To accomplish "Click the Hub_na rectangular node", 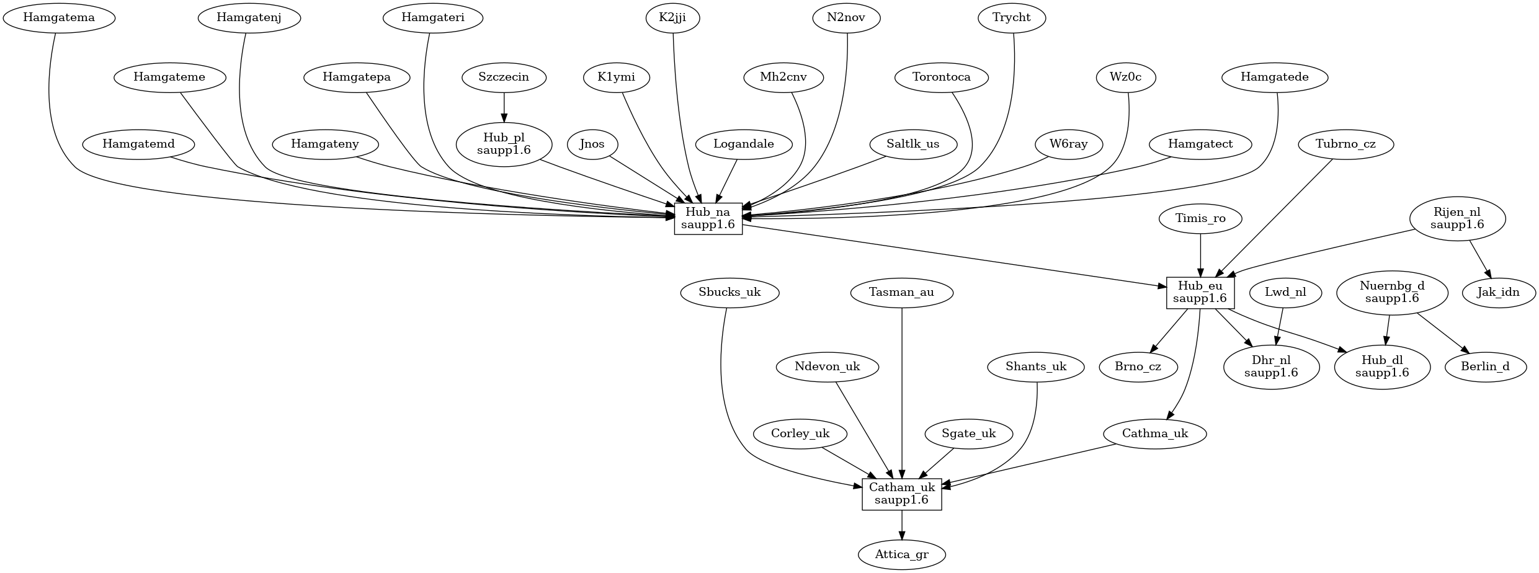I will point(708,219).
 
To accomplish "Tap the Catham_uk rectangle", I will point(901,494).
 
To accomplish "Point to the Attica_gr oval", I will point(901,554).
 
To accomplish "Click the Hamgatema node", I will point(59,17).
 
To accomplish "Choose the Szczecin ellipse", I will point(504,78).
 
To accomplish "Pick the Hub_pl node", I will point(504,144).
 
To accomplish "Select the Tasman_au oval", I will point(901,292).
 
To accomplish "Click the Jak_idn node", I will point(1498,292).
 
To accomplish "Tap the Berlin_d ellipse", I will point(1485,366).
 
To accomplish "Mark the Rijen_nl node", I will point(1457,219).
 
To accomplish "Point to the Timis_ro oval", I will point(1200,218).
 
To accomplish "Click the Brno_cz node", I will point(1138,366).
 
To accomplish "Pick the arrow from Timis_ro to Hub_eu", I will point(1200,254).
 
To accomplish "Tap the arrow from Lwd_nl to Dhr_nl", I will point(1280,326).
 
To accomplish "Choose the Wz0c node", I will point(1126,78).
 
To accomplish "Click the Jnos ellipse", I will point(592,144).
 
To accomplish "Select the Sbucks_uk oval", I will point(729,292).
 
